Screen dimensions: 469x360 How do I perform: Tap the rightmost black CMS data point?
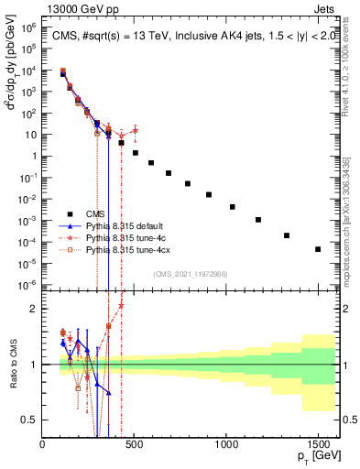coord(318,249)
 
